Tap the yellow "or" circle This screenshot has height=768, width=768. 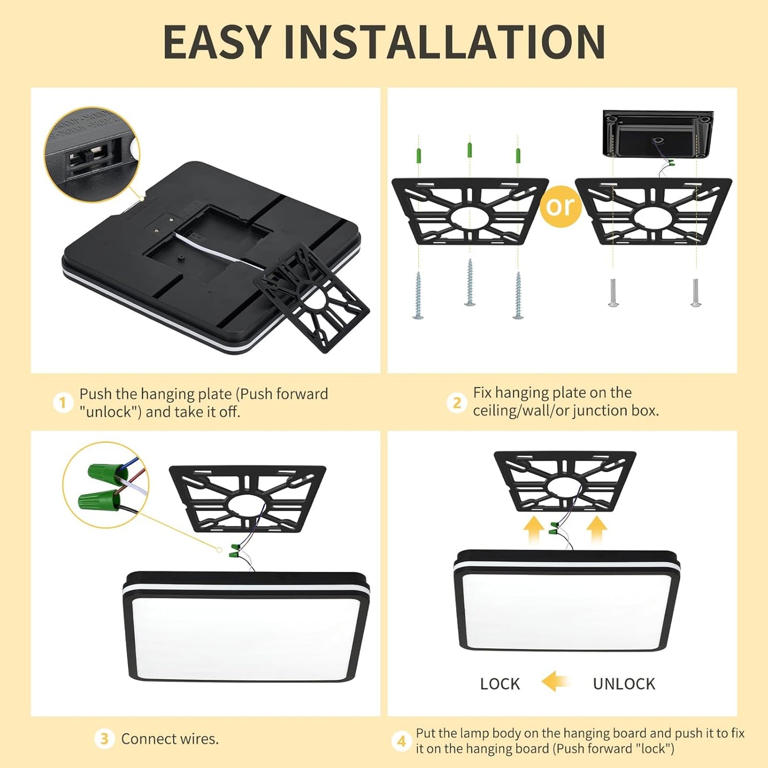(560, 206)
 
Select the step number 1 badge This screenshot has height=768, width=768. (63, 402)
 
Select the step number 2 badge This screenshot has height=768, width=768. (457, 402)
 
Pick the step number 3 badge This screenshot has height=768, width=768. (104, 739)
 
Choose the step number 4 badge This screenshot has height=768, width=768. (401, 741)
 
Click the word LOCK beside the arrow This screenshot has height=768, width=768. (500, 683)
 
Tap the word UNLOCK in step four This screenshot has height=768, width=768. (624, 683)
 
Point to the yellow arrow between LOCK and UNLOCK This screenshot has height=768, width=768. (555, 681)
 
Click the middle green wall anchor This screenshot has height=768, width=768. (469, 150)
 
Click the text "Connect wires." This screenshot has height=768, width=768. (170, 739)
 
